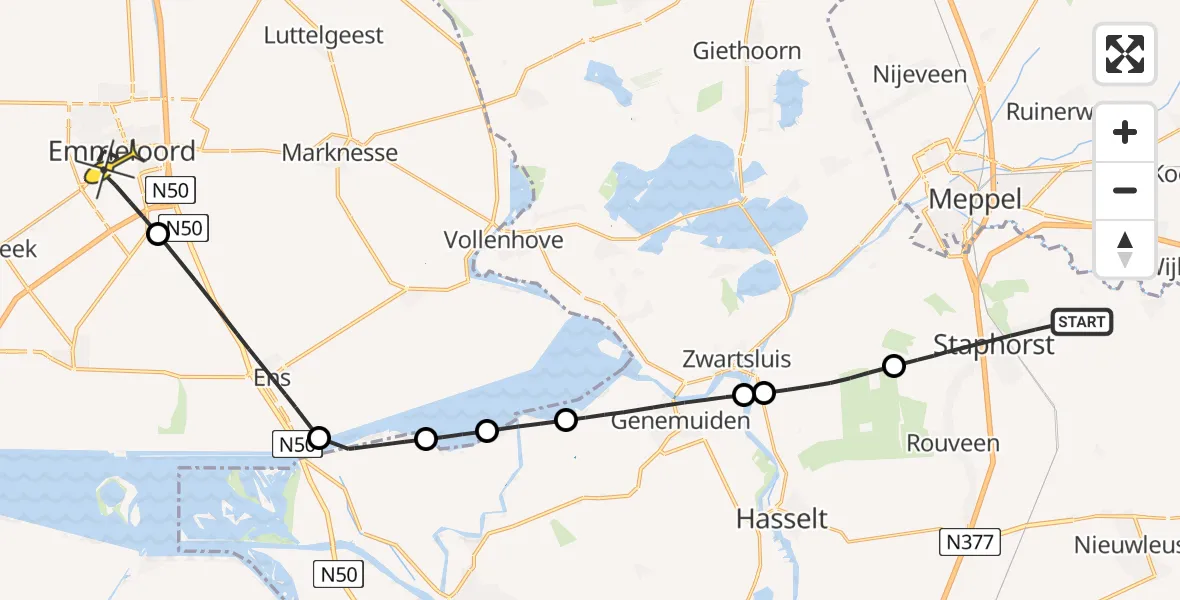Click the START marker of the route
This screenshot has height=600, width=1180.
pyautogui.click(x=1081, y=322)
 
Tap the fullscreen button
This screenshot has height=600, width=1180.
pyautogui.click(x=1125, y=53)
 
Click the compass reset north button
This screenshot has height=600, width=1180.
pyautogui.click(x=1125, y=249)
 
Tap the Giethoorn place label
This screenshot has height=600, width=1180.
pyautogui.click(x=748, y=51)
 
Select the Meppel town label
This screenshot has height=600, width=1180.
pyautogui.click(x=975, y=199)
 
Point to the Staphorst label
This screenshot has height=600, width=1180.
pyautogui.click(x=993, y=345)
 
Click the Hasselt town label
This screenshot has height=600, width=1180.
pyautogui.click(x=782, y=518)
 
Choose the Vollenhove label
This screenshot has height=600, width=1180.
pyautogui.click(x=504, y=240)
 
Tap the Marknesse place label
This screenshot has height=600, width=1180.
pyautogui.click(x=340, y=153)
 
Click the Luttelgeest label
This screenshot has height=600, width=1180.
pyautogui.click(x=323, y=36)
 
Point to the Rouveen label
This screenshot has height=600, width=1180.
pyautogui.click(x=952, y=442)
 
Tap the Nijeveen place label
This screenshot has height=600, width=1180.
pyautogui.click(x=919, y=75)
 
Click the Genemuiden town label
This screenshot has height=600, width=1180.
pyautogui.click(x=680, y=421)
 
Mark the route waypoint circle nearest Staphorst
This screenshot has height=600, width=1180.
pyautogui.click(x=894, y=366)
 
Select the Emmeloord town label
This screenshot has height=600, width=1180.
pyautogui.click(x=121, y=152)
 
